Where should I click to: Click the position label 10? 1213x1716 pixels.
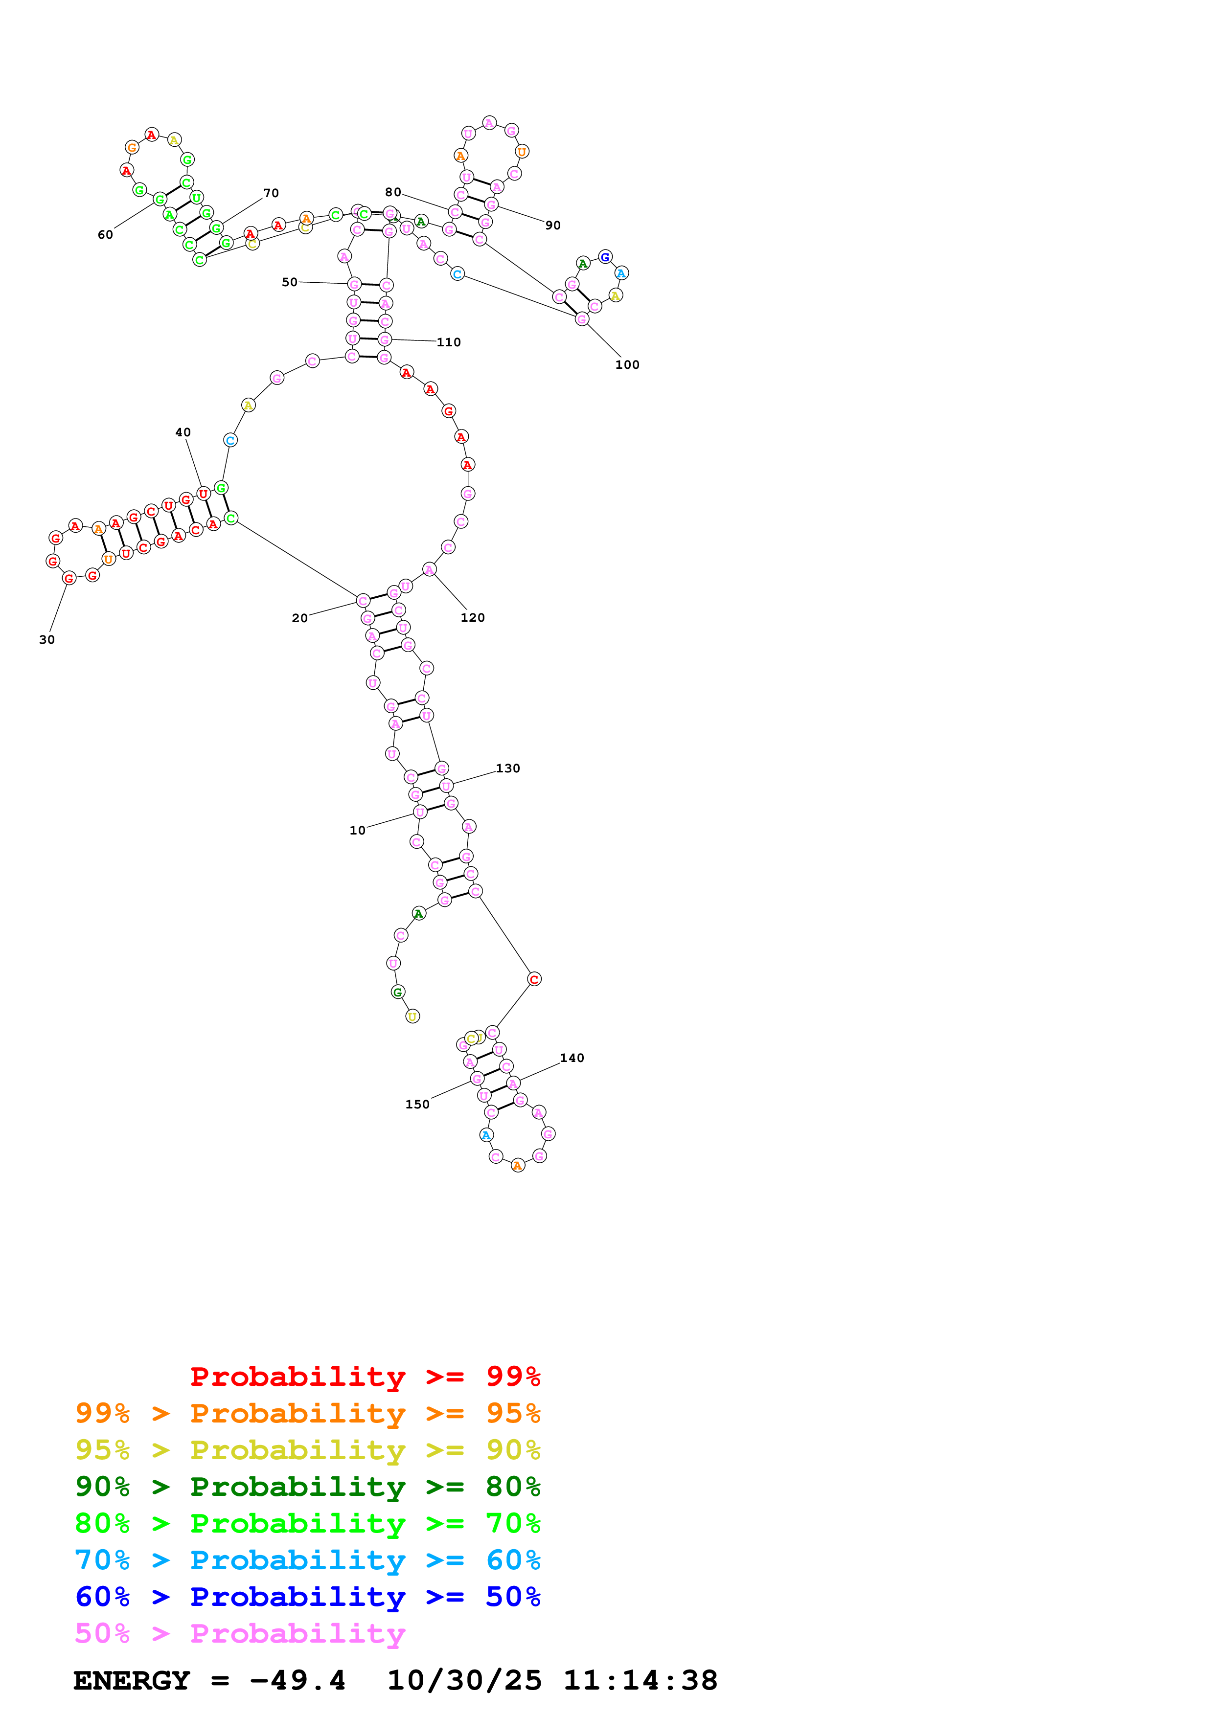(357, 830)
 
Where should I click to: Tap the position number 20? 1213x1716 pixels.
(299, 618)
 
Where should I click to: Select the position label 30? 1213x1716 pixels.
(47, 640)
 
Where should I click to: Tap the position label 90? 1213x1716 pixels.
(553, 225)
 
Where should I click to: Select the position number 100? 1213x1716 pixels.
(627, 365)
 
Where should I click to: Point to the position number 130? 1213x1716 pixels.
(508, 768)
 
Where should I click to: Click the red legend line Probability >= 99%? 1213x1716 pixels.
(365, 1377)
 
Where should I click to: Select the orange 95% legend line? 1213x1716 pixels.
(307, 1413)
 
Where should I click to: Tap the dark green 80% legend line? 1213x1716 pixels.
(307, 1487)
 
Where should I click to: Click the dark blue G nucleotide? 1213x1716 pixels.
(605, 257)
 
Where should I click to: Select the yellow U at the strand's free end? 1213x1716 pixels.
(412, 1016)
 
